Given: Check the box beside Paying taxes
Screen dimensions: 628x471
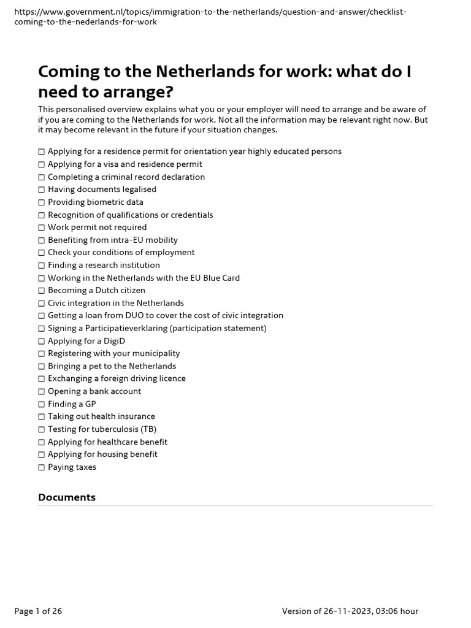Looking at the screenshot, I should tap(42, 467).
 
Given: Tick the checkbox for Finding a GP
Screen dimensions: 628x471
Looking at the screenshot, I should tap(42, 404).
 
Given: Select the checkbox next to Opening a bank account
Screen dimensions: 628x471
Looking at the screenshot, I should tap(42, 391).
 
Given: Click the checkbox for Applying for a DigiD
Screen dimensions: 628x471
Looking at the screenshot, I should tap(42, 341).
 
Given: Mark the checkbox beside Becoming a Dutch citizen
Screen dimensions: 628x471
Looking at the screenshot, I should tap(42, 291).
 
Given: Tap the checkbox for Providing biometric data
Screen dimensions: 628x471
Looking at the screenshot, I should tap(42, 202).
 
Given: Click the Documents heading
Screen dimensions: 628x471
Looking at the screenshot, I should tap(67, 497).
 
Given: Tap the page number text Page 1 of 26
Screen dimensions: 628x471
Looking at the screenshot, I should tap(38, 611).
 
